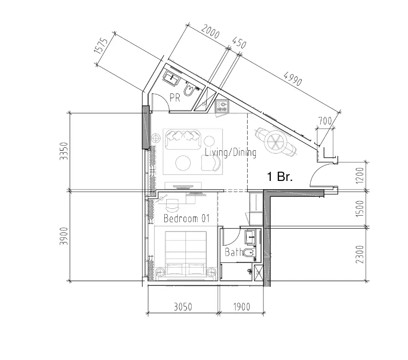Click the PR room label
click(175, 98)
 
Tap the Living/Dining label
click(231, 152)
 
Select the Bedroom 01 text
click(186, 219)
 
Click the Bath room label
click(234, 252)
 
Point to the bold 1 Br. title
click(280, 177)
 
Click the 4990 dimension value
click(293, 79)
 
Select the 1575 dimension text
click(101, 46)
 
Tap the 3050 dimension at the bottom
click(183, 307)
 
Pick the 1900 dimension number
click(241, 307)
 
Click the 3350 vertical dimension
click(64, 151)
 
